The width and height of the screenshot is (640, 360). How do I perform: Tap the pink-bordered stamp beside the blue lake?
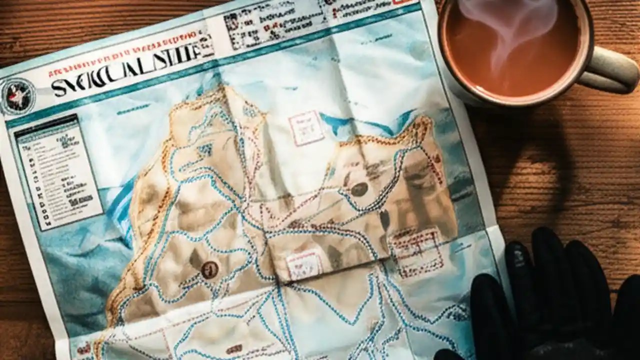[306, 127]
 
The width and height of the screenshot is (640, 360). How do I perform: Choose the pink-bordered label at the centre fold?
[304, 263]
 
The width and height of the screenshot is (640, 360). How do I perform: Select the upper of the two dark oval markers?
[359, 189]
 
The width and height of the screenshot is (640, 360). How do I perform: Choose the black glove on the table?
[550, 300]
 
